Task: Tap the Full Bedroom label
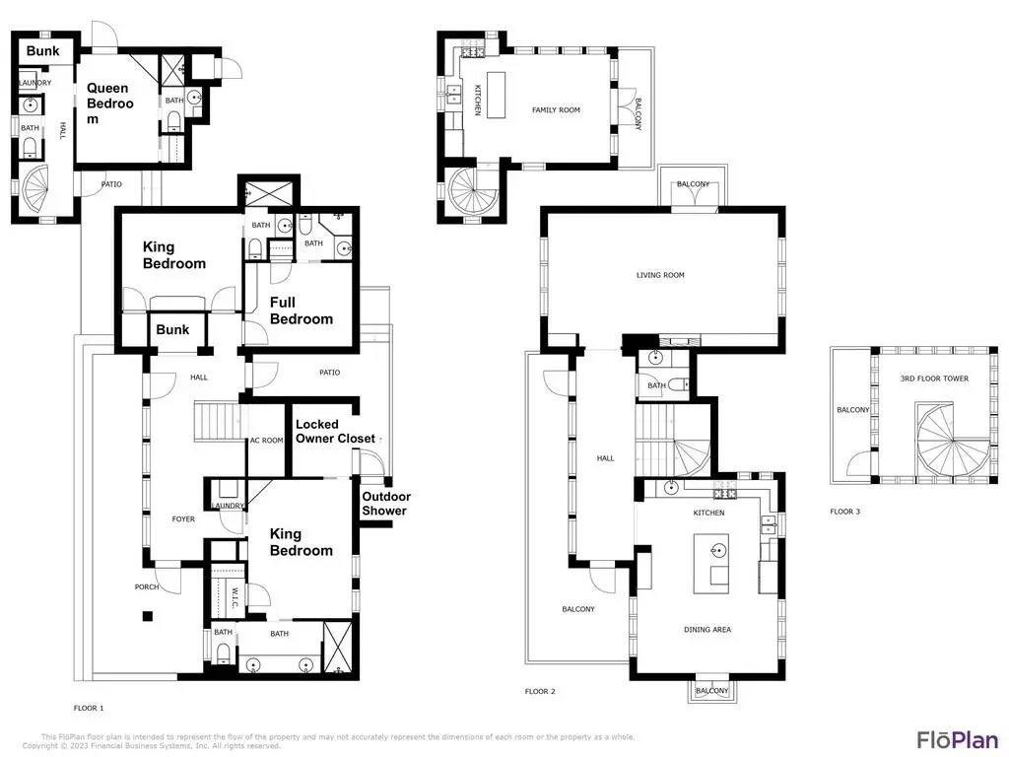pos(301,310)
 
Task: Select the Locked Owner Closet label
pos(335,431)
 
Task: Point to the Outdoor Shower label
pos(385,503)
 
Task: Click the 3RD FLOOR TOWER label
pos(933,378)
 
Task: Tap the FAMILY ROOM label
pos(556,110)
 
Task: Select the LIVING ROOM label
pos(659,275)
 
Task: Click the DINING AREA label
pos(707,629)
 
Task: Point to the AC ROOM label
pos(266,441)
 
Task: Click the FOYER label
pos(182,518)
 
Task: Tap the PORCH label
pos(147,586)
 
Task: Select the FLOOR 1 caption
pos(89,708)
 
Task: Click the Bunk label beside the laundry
pos(42,51)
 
